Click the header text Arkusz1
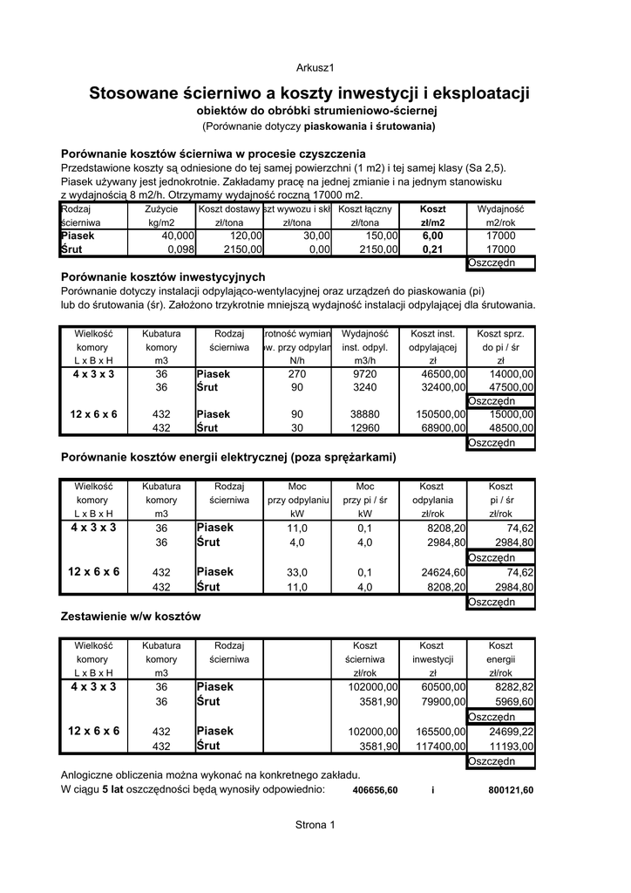(x=315, y=67)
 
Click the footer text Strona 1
(x=315, y=824)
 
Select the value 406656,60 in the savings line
(x=375, y=790)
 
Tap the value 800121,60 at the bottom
(x=511, y=790)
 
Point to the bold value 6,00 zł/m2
(x=432, y=235)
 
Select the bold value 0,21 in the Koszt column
(x=432, y=249)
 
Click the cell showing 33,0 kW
(x=297, y=572)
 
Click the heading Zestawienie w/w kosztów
(x=131, y=616)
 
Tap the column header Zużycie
(x=161, y=209)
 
